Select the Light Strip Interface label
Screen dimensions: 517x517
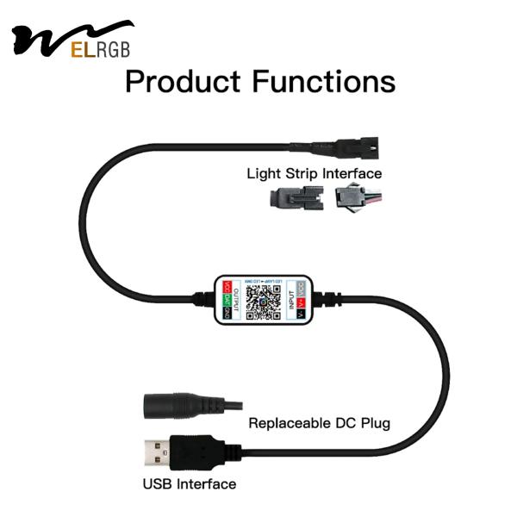[314, 173]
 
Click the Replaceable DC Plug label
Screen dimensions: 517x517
[319, 423]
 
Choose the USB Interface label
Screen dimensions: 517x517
[189, 483]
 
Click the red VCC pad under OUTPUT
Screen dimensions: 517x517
[227, 285]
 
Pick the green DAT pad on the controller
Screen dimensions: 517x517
[227, 299]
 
